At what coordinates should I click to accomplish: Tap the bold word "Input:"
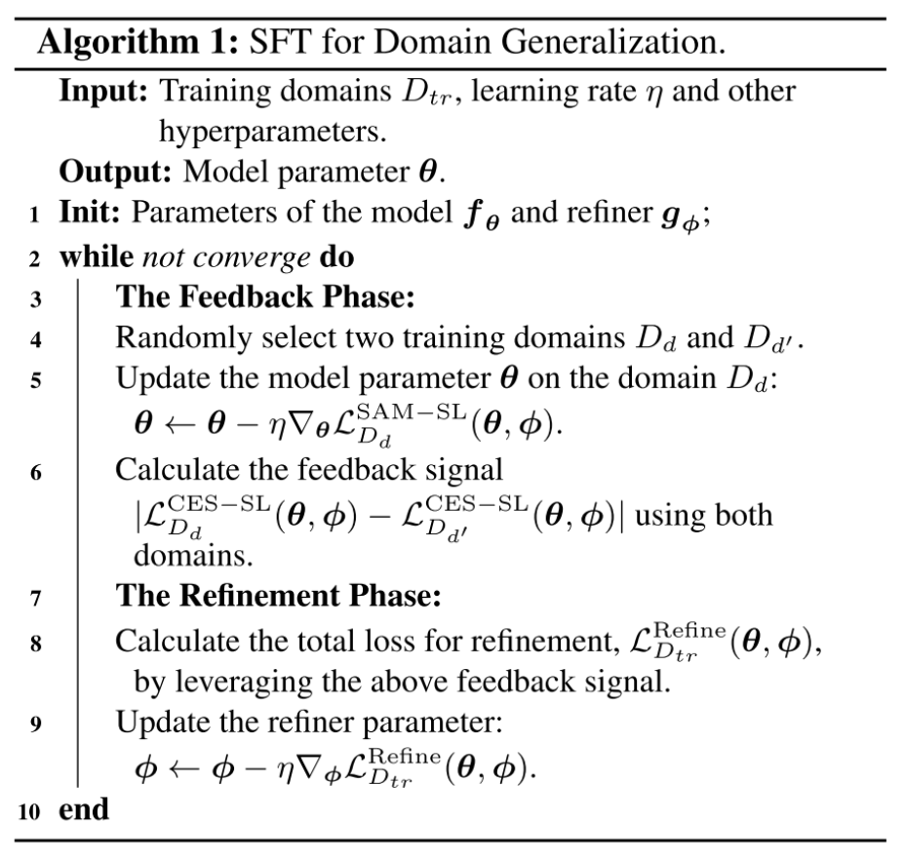click(x=104, y=92)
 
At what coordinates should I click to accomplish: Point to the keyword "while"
click(x=95, y=258)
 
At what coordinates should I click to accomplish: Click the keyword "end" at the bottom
click(x=84, y=810)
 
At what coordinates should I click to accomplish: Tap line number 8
click(x=35, y=643)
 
